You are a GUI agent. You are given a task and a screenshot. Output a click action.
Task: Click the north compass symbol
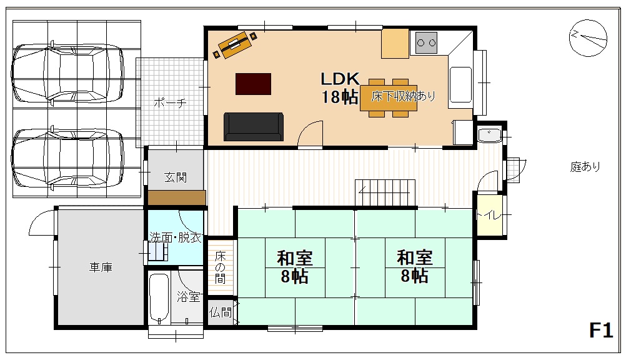pos(588,38)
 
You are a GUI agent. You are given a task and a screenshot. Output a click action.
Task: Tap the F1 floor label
pos(601,331)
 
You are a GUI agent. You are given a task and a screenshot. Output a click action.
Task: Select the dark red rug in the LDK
pos(253,84)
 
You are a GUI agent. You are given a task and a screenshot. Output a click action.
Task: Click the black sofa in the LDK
pos(254,127)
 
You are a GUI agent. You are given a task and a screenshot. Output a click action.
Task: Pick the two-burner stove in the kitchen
pos(426,42)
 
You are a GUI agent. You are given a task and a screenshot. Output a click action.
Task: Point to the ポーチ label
pos(170,103)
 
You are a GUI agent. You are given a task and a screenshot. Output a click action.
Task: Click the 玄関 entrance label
pos(176,177)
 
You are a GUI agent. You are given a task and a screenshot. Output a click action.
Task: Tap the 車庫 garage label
pos(101,267)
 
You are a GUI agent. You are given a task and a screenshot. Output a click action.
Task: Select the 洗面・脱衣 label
pos(176,237)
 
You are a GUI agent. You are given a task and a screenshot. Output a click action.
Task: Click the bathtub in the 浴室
pos(159,297)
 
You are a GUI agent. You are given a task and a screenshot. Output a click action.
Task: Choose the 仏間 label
pos(221,312)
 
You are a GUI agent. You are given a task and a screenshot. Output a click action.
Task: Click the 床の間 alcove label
pos(220,267)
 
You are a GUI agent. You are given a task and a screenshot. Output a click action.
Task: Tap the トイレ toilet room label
pos(489,216)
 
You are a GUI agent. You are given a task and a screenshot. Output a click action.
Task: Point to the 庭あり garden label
pos(585,166)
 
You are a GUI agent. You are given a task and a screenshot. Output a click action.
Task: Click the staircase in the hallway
pos(385,193)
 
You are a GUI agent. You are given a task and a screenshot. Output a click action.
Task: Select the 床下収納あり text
pos(403,96)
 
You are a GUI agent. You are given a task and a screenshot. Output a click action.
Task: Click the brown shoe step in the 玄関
pos(177,198)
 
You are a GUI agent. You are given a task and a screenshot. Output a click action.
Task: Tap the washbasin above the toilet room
pos(489,135)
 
